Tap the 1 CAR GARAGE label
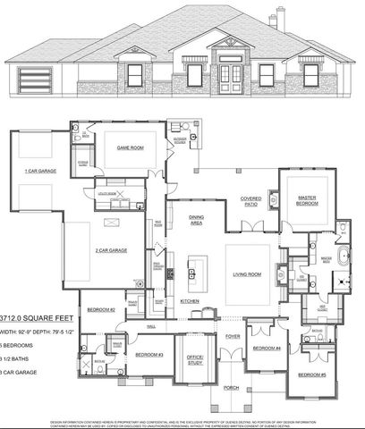43,169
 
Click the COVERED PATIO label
249,202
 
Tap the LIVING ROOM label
247,274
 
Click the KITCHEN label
189,301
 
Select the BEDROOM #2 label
100,310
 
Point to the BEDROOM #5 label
310,374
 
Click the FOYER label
233,337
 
